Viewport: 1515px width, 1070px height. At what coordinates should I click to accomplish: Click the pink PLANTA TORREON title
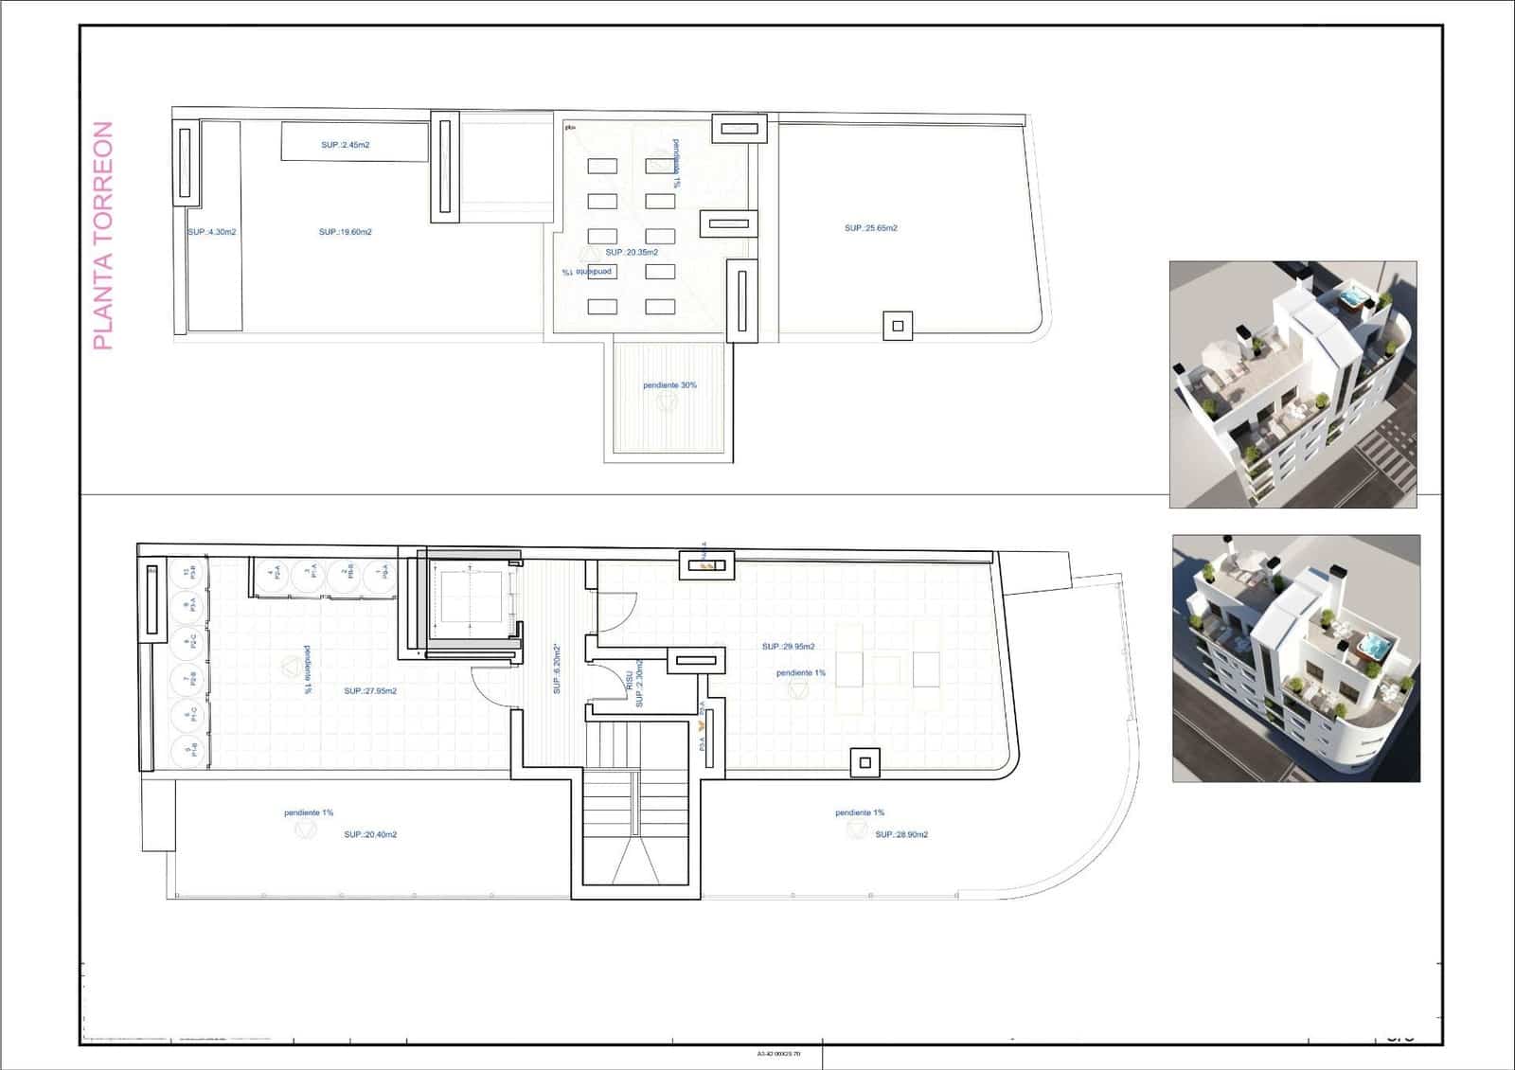[102, 236]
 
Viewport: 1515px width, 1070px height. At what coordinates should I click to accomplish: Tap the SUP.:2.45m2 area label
[345, 145]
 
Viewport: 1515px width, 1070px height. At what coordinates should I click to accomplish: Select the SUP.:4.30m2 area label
[211, 232]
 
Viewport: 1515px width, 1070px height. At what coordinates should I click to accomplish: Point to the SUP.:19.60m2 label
[345, 232]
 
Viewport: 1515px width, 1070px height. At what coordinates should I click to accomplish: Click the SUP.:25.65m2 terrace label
[870, 228]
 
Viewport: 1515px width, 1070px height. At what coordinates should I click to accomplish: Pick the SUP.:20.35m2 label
[631, 253]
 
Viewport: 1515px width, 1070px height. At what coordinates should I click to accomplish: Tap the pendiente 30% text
[669, 385]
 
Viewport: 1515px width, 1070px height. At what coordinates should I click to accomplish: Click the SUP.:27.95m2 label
[370, 691]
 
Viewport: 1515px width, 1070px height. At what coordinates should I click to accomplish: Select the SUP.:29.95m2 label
[788, 647]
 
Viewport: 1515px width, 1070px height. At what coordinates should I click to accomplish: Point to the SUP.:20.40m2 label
[370, 835]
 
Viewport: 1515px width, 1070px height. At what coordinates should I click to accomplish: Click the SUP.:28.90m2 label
[900, 835]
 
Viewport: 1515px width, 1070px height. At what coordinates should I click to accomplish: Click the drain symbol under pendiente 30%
[668, 401]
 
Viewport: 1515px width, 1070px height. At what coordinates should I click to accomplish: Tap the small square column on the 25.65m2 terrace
[898, 327]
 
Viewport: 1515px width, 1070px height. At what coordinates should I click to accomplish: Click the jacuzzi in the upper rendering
[1353, 299]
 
